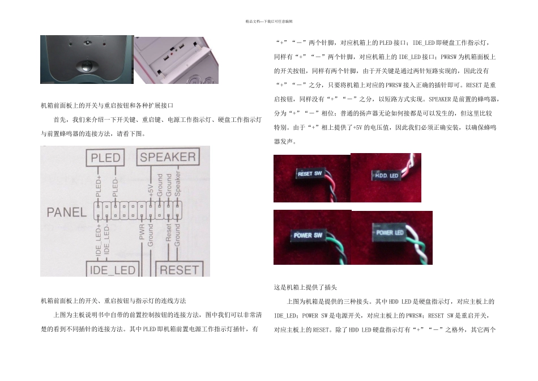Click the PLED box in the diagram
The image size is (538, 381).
pyautogui.click(x=106, y=158)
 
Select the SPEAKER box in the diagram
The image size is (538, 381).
pyautogui.click(x=168, y=157)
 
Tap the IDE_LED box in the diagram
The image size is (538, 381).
pyautogui.click(x=113, y=270)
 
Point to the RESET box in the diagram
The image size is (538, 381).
pyautogui.click(x=180, y=270)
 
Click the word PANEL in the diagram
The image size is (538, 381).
pyautogui.click(x=66, y=213)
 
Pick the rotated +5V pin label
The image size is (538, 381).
pyautogui.click(x=151, y=189)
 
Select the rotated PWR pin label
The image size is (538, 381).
pyautogui.click(x=142, y=234)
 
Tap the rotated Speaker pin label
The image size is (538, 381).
pyautogui.click(x=178, y=184)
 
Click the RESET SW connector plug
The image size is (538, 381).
pyautogui.click(x=310, y=174)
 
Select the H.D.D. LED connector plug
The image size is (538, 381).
pyautogui.click(x=387, y=176)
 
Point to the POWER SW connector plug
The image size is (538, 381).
pyautogui.click(x=308, y=235)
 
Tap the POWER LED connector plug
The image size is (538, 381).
pyautogui.click(x=390, y=232)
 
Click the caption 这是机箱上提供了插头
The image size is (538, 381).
pyautogui.click(x=306, y=287)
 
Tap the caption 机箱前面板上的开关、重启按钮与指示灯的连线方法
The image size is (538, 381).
pyautogui.click(x=113, y=300)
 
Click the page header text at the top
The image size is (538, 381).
pyautogui.click(x=269, y=22)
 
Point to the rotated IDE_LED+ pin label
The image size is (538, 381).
pyautogui.click(x=99, y=239)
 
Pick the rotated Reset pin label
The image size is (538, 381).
pyautogui.click(x=169, y=234)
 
